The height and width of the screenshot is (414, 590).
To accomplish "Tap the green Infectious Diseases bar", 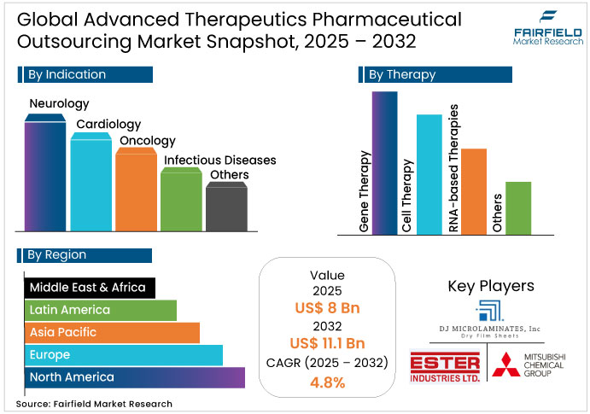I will [x=182, y=201].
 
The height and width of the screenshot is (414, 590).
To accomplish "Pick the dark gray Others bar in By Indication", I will [x=226, y=207].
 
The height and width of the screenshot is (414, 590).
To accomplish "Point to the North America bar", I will [x=134, y=377].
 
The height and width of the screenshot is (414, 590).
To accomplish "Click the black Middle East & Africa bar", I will [x=90, y=288].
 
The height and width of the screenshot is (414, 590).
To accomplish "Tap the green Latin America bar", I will [x=100, y=310].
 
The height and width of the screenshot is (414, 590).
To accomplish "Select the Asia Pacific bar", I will [x=111, y=332].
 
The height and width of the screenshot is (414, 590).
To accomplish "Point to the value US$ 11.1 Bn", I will [x=327, y=343].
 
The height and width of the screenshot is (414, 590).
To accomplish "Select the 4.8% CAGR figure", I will [x=327, y=382].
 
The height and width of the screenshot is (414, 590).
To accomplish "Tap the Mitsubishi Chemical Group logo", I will [x=530, y=366].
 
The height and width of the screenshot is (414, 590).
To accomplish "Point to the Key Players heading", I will [x=491, y=286].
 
